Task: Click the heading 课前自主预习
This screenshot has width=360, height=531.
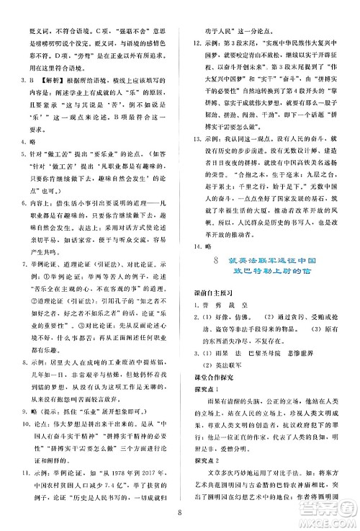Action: tap(212, 290)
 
